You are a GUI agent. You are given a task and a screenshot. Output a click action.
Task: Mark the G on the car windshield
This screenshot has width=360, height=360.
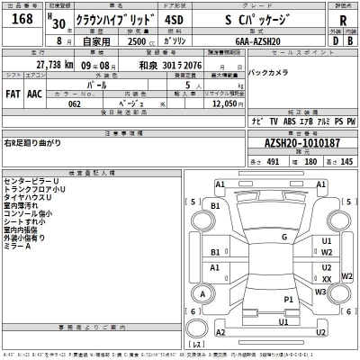[x=283, y=237]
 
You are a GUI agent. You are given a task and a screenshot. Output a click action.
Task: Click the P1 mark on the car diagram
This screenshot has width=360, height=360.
[x=289, y=298]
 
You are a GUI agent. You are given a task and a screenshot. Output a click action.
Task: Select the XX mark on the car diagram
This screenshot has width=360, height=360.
[x=327, y=278]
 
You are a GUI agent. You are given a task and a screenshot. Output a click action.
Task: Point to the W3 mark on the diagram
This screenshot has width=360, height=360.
[x=321, y=292]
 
